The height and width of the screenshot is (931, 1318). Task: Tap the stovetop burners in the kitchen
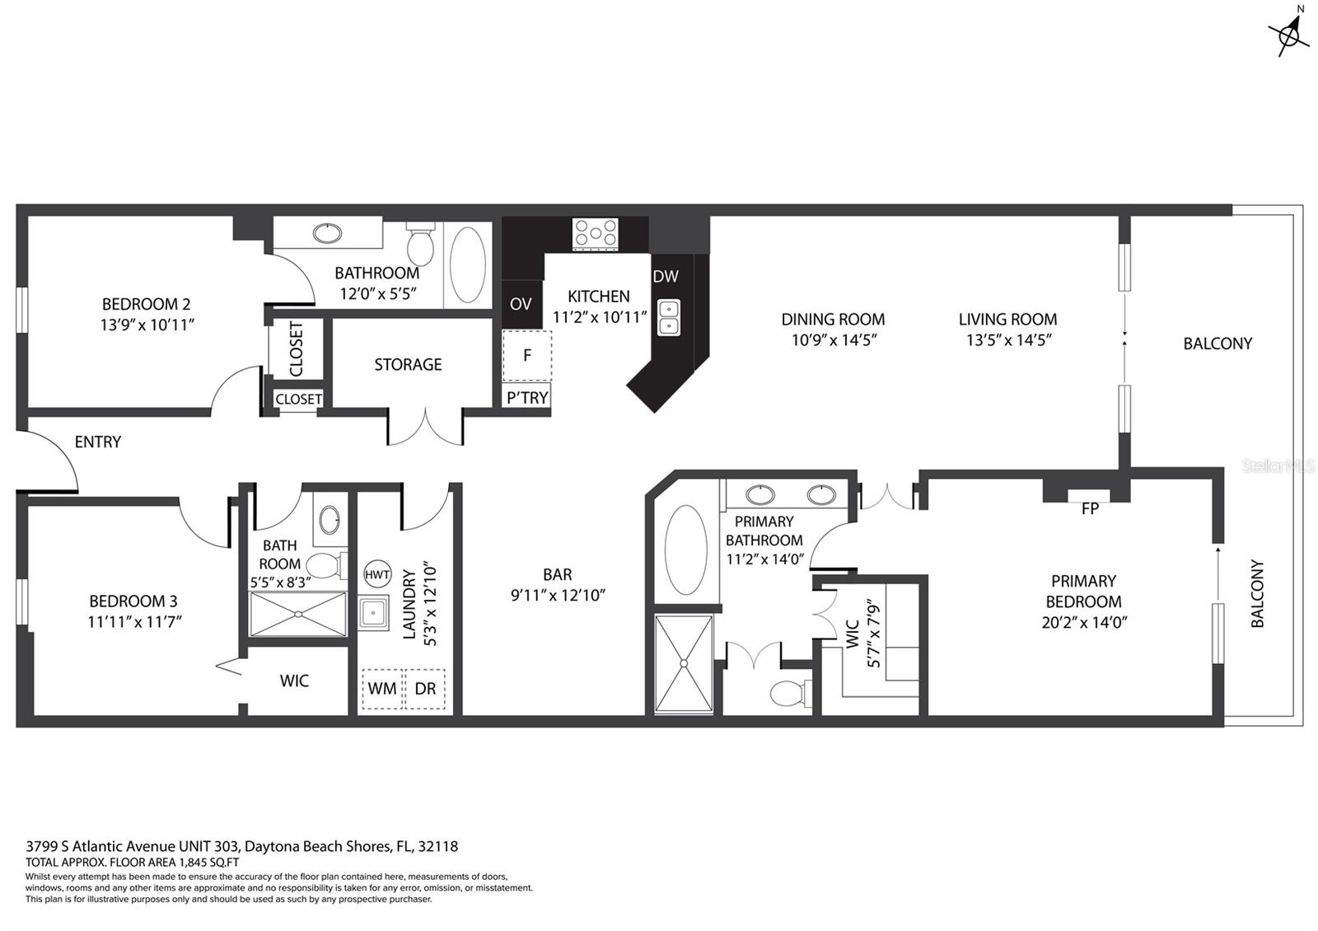coord(596,234)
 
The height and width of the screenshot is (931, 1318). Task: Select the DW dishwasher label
coord(666,276)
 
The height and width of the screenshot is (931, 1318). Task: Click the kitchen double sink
coord(668,317)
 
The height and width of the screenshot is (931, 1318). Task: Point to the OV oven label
coord(521,304)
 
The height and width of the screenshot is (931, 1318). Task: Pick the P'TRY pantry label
coord(527,399)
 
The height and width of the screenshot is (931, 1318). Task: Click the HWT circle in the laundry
coord(377,574)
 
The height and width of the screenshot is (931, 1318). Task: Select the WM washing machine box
coord(382,689)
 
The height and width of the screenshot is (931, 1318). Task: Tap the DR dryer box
coord(425,689)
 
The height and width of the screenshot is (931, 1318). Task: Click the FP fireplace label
coord(1090,508)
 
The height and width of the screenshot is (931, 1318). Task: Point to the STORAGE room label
coord(408,365)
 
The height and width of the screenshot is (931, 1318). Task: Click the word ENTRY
coord(98,442)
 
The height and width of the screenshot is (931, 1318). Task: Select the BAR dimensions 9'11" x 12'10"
coord(558,596)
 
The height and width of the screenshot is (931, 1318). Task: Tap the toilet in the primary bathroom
coord(790,693)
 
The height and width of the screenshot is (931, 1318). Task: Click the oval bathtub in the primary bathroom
coord(686,550)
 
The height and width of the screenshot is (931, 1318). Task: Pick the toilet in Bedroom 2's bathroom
coord(420,244)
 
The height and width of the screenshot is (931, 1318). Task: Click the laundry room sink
coord(373,614)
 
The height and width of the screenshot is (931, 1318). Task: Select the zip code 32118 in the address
coord(437,846)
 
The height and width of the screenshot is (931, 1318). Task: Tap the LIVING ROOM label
coord(1008,320)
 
